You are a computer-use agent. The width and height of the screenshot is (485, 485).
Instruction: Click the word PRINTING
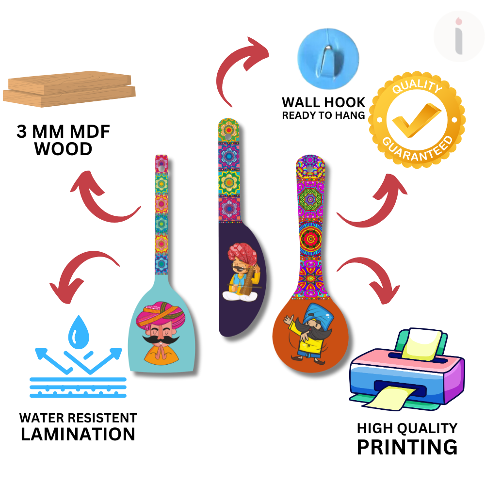tap(407, 447)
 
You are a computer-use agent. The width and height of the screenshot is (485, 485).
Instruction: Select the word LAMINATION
tap(78, 434)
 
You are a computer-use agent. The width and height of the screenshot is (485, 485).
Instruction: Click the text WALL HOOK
tap(323, 103)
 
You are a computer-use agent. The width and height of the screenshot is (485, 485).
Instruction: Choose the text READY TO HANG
tap(323, 115)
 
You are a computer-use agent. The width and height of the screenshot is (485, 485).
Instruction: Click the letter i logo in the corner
tap(459, 36)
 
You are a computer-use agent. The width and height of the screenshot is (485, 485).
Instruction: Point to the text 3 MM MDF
tap(63, 132)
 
